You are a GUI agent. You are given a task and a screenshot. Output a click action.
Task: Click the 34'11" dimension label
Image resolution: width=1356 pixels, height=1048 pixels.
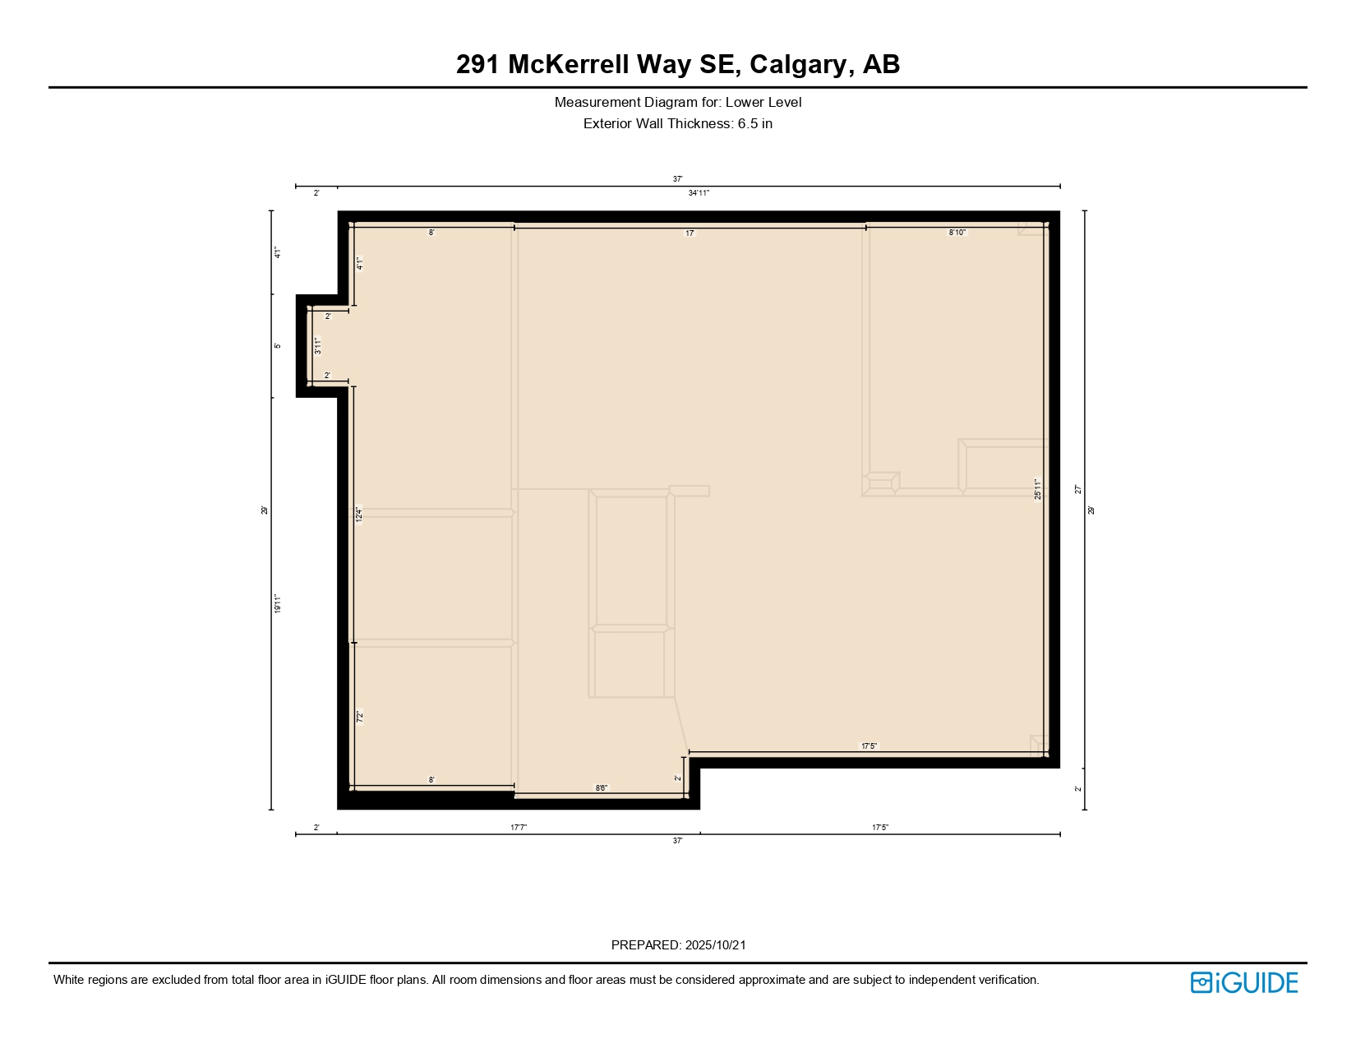(x=699, y=193)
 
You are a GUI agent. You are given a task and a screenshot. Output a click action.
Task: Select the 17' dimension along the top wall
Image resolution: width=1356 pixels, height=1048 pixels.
(x=690, y=233)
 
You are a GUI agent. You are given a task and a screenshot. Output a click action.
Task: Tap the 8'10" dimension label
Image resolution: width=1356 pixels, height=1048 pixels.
(x=957, y=233)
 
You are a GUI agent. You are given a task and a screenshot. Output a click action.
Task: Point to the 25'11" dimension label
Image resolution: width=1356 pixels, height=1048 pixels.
(x=1038, y=489)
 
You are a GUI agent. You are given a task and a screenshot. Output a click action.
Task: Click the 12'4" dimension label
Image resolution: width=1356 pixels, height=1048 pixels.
(x=359, y=515)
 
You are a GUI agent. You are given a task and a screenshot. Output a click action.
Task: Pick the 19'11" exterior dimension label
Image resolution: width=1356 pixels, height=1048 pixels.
(x=279, y=604)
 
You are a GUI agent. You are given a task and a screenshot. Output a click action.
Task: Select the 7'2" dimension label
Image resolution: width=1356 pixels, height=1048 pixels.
(x=360, y=717)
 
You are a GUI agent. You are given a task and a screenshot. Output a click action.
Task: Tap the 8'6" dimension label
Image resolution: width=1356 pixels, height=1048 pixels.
(x=602, y=788)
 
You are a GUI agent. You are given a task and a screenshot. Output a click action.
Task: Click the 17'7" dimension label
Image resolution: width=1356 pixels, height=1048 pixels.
(x=519, y=828)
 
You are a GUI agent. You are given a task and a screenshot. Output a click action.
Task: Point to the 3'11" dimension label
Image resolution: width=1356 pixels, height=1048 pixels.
(x=318, y=346)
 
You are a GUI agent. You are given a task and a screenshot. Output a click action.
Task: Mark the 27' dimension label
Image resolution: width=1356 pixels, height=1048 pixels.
(x=1078, y=489)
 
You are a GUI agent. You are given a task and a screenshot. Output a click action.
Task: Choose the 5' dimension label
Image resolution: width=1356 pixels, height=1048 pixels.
(x=279, y=346)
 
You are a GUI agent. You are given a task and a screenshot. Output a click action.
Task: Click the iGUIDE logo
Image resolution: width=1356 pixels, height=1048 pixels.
(x=1244, y=983)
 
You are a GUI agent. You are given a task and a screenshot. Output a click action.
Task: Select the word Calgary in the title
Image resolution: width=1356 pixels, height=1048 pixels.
(x=798, y=64)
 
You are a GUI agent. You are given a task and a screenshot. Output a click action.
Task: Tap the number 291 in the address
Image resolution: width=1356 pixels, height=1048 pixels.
(x=477, y=64)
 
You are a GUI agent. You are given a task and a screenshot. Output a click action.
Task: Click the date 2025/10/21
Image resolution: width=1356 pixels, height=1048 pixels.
(x=716, y=945)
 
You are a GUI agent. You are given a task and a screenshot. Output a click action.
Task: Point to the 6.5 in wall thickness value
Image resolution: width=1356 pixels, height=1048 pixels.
(x=754, y=124)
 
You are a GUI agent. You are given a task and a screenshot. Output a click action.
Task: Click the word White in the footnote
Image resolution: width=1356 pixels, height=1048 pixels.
(x=70, y=980)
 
